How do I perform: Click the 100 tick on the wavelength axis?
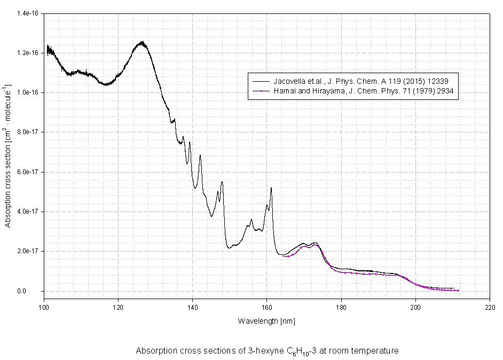[x=44, y=308]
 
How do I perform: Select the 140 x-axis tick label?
[x=192, y=308]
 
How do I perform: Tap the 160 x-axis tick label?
[x=266, y=308]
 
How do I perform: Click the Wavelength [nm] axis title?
[x=266, y=321]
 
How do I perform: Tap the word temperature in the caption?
[x=376, y=351]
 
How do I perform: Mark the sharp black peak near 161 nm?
[x=271, y=188]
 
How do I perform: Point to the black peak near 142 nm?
[x=200, y=155]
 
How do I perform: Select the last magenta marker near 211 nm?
[x=458, y=291]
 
